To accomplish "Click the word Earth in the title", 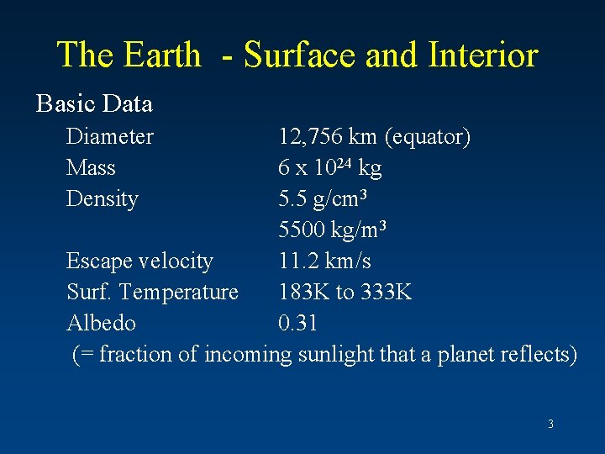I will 162,55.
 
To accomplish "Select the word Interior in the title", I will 482,55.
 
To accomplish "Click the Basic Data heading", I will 94,103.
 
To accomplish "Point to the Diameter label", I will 110,136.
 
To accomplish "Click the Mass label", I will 91,167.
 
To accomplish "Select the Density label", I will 103,199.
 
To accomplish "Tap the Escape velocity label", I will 139,261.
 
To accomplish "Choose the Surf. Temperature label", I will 152,292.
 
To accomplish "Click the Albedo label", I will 101,323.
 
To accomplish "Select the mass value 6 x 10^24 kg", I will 329,167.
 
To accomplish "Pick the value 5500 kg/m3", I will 332,230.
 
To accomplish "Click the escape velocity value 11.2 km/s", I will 324,261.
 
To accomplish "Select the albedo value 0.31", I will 297,323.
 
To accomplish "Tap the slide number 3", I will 550,425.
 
